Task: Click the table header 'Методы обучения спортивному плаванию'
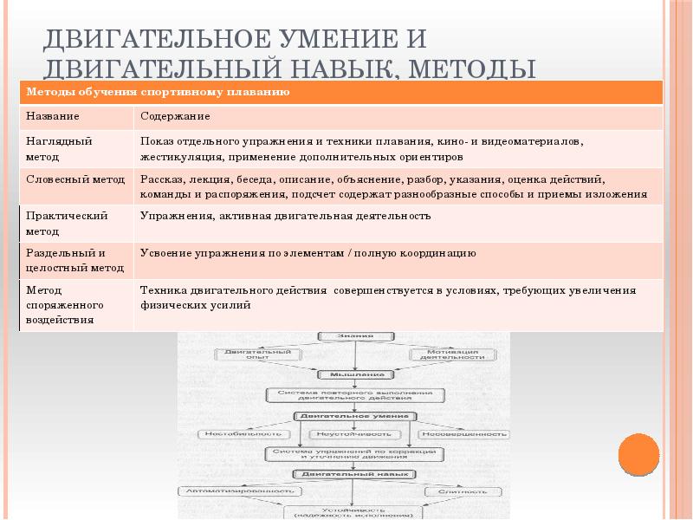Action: point(158,92)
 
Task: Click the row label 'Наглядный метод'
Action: point(59,148)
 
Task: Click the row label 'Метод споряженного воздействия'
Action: point(65,304)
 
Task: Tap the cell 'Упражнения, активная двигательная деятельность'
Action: point(285,216)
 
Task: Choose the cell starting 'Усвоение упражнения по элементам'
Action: point(308,254)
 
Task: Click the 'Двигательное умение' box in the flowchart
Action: point(356,416)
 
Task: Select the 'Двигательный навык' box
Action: point(356,474)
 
